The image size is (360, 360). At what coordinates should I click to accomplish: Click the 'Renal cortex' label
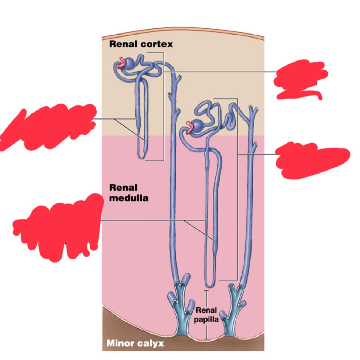coord(141,44)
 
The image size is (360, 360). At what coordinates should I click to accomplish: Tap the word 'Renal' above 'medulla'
coord(123,188)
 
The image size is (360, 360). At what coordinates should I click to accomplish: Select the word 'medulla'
coord(128,198)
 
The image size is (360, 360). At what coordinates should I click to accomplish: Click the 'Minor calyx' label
coord(135,343)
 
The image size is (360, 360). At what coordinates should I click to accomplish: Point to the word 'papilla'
coord(206,320)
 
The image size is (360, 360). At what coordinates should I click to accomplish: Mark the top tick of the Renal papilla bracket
coord(206,291)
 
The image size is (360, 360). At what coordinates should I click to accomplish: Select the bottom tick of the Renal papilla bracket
coord(206,339)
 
